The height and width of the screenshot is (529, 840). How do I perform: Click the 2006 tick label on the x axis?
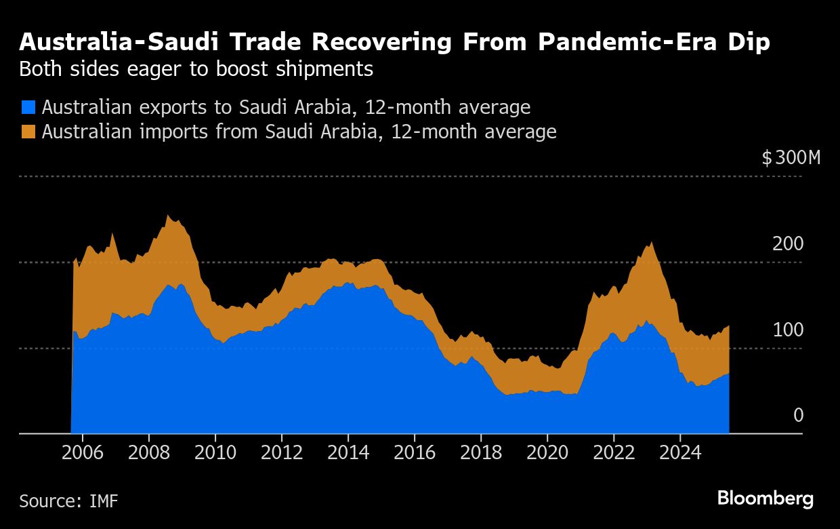tap(83, 452)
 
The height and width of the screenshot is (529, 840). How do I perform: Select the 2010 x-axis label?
tap(215, 452)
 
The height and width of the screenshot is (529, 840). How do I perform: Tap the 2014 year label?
tap(348, 452)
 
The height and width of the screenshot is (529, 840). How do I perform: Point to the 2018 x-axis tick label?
tap(481, 452)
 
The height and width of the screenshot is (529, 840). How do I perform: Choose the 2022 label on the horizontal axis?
tap(614, 452)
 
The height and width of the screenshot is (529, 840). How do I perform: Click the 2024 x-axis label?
tap(680, 452)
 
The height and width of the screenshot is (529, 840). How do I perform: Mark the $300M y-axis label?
tap(791, 159)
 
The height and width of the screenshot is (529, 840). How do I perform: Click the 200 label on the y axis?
tap(787, 244)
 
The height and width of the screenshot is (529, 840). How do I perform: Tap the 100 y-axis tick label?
tap(787, 330)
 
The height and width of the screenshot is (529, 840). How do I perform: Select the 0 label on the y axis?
tap(798, 416)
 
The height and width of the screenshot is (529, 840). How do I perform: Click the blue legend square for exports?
tap(28, 107)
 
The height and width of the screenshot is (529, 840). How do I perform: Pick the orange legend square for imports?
tap(28, 131)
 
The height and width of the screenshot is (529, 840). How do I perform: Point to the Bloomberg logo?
tap(765, 499)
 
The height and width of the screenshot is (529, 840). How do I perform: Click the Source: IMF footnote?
tap(68, 502)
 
